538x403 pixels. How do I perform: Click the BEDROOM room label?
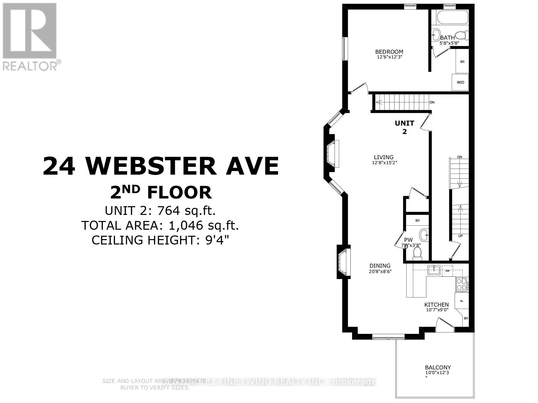pos(389,52)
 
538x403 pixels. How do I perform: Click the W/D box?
pos(460,82)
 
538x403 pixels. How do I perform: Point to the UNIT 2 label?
pos(405,127)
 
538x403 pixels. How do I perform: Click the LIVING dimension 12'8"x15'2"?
pos(384,163)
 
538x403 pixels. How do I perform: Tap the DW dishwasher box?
pos(447,270)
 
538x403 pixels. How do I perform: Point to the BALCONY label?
pos(437,367)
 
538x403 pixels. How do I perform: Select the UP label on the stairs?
pos(460,236)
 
